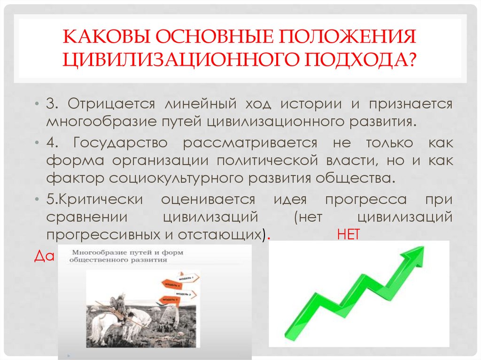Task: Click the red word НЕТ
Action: tap(348, 236)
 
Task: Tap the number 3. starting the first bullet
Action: tap(52, 104)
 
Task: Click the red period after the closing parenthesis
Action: tap(268, 237)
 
